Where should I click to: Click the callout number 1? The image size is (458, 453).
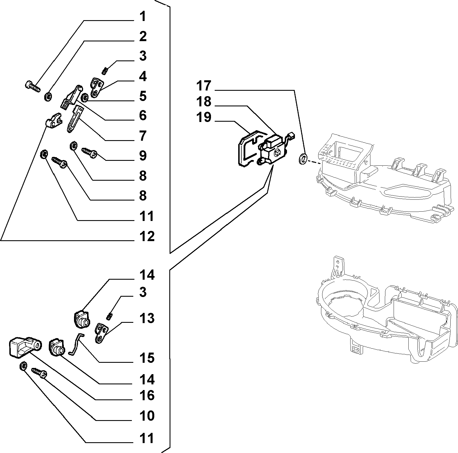(x=143, y=17)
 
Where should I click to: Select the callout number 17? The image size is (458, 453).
(x=204, y=86)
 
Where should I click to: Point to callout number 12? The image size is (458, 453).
(x=147, y=236)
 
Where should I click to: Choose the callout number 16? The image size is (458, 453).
(x=147, y=395)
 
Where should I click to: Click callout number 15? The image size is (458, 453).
(x=147, y=358)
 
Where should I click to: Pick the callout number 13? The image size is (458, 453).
(x=147, y=318)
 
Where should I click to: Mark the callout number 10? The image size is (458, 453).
(x=147, y=416)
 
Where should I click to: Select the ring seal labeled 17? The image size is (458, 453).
(x=303, y=159)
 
